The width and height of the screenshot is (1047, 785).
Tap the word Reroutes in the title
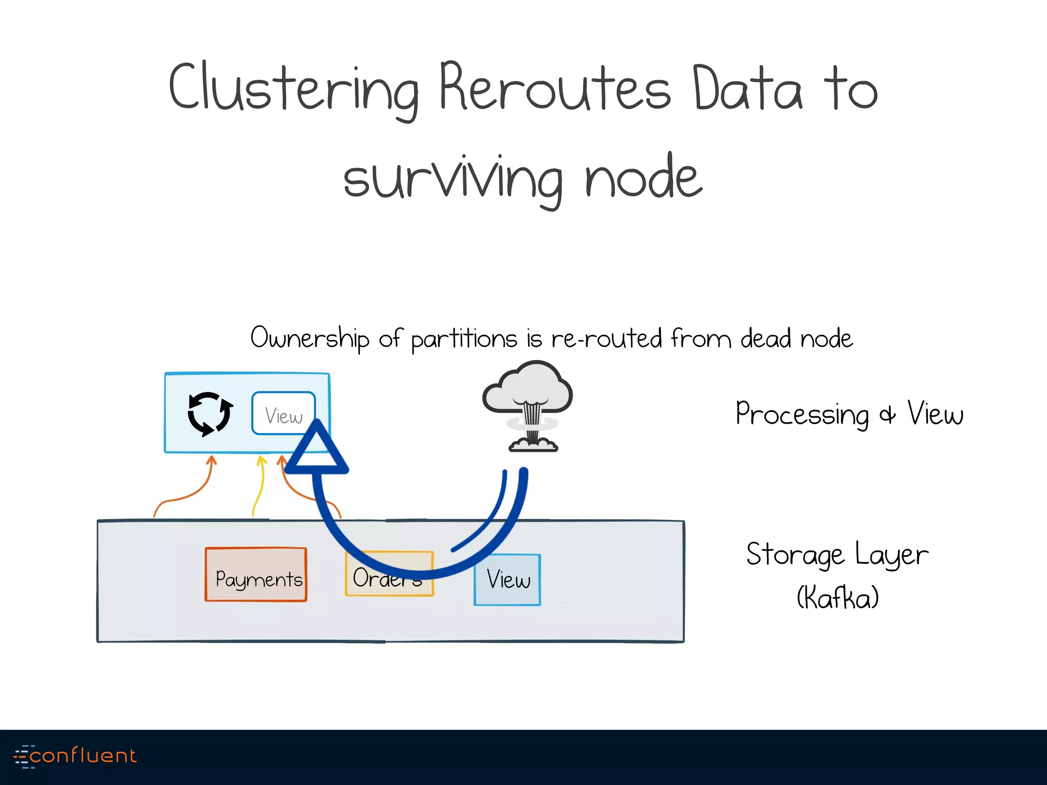(555, 88)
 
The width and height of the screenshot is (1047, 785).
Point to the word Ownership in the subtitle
(309, 339)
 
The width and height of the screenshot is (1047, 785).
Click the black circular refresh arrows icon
(210, 414)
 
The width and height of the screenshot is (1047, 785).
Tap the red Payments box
(256, 574)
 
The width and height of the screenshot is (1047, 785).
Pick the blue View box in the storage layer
(507, 580)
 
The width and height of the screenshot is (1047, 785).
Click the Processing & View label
(849, 413)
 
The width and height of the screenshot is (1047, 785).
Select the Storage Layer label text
(837, 555)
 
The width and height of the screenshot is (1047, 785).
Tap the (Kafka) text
(837, 597)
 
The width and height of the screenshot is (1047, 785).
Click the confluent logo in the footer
(76, 756)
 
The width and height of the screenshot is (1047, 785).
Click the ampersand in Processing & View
(887, 415)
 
